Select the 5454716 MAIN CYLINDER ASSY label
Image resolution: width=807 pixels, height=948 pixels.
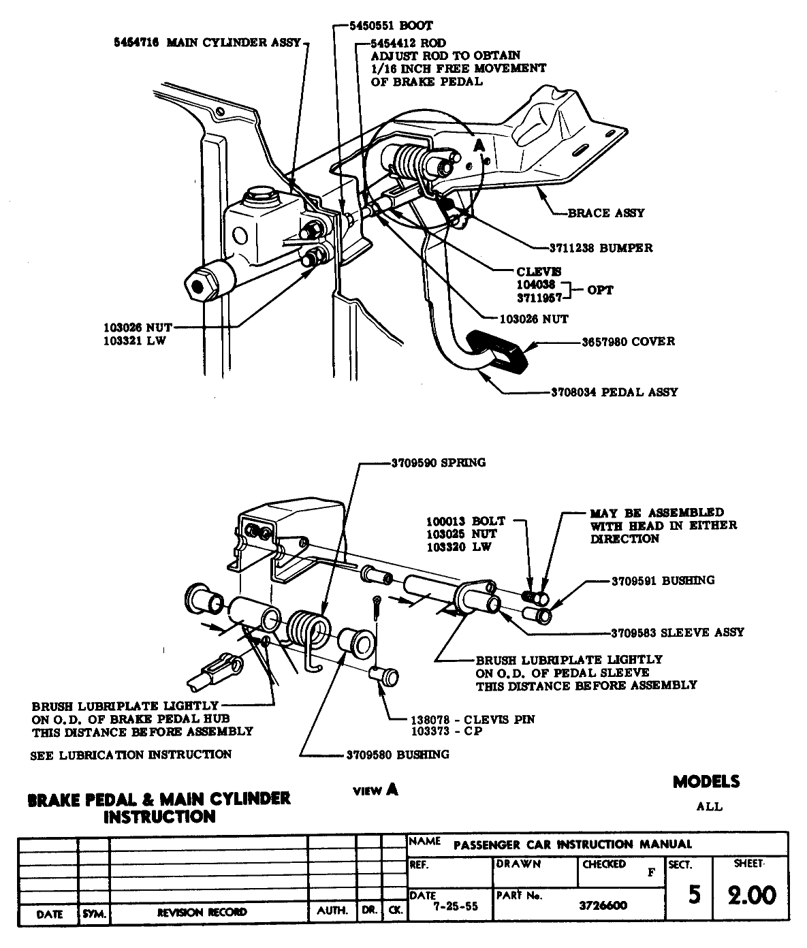coord(208,43)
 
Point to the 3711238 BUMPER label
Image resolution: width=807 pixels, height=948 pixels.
coord(601,248)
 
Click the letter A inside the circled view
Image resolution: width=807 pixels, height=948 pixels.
coord(479,145)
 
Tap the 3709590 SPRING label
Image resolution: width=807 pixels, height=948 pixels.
coord(439,463)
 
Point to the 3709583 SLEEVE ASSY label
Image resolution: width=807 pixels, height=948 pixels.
coord(677,632)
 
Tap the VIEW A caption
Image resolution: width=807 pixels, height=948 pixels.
coord(375,790)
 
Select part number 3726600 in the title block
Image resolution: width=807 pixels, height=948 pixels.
coord(603,906)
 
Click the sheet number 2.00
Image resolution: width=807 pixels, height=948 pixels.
coord(751,896)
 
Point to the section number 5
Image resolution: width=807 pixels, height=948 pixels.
coord(693,894)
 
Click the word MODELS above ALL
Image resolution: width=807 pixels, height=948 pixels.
coord(706,782)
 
